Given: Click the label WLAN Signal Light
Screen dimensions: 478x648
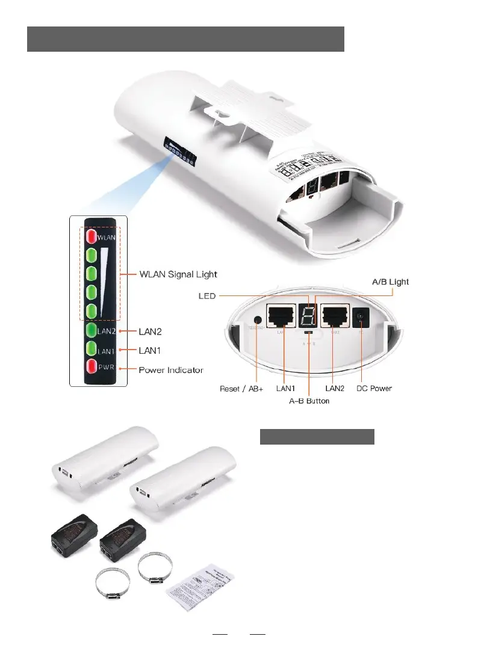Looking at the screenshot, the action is click(x=178, y=274).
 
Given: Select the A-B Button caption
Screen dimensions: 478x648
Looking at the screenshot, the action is click(x=305, y=400).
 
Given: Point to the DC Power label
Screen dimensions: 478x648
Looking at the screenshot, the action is click(x=373, y=389).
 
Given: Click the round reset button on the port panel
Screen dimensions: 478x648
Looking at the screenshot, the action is click(x=259, y=321).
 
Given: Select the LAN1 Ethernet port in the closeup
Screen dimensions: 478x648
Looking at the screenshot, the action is click(x=282, y=316).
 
